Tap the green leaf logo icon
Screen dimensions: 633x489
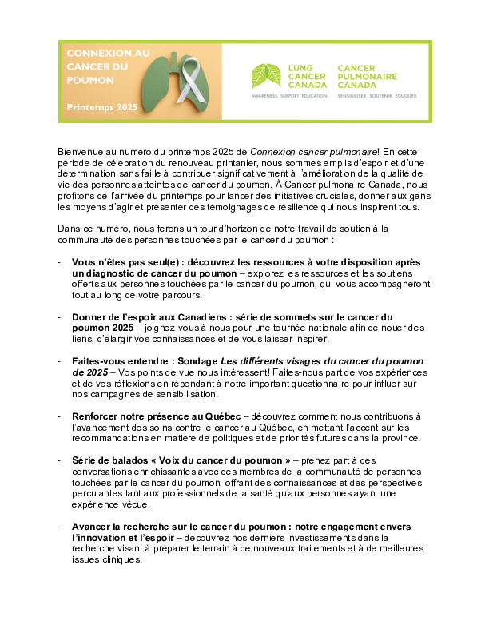265,76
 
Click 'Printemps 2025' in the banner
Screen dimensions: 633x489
102,106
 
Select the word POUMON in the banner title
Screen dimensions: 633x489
90,80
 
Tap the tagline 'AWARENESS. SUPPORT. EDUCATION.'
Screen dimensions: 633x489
290,94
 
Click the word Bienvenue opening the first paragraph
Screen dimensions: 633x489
82,150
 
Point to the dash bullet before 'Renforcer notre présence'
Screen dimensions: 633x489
60,416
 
